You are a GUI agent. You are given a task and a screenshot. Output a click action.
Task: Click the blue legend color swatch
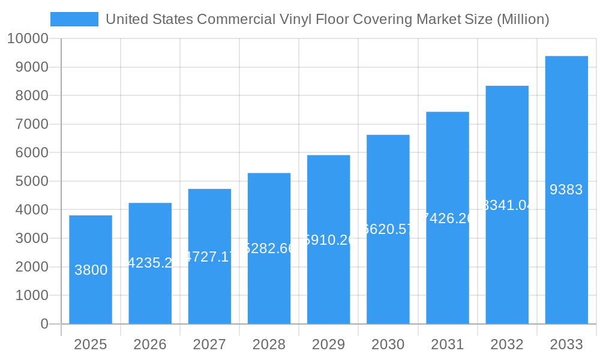point(74,19)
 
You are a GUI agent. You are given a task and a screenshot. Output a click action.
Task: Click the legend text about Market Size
point(327,19)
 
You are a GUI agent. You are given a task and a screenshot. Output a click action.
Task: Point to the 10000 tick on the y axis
point(28,39)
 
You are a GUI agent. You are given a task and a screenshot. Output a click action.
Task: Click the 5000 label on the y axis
point(32,181)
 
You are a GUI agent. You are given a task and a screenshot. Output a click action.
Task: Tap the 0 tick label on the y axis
point(44,324)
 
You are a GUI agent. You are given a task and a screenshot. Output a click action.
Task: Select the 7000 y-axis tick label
point(32,124)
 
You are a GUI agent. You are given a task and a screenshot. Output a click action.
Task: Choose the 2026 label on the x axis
point(150,344)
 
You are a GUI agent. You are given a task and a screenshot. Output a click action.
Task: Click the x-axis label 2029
point(328,344)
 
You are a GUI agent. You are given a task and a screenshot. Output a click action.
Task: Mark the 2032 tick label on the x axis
point(507,344)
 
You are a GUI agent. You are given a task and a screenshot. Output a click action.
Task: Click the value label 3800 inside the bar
point(91,270)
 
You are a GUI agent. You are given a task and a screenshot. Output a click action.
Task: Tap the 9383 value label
point(566,190)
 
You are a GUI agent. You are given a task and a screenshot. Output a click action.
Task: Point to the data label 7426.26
point(448,218)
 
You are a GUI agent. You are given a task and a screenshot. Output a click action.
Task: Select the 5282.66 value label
point(269,248)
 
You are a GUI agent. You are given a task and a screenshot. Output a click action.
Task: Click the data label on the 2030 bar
point(388,229)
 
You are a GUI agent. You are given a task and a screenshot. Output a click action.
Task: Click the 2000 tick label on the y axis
point(32,267)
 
